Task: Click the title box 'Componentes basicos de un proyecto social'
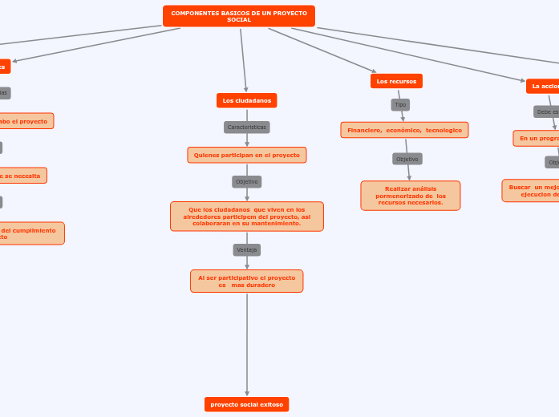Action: tap(238, 16)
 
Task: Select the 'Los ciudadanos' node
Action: tap(246, 100)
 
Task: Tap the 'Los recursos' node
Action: tap(396, 81)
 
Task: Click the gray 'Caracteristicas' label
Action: tap(246, 127)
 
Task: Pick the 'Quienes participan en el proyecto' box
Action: tap(246, 155)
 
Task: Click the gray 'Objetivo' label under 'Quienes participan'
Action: tap(246, 181)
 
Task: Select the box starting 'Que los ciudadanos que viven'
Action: tap(246, 217)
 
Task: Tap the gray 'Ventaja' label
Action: tap(246, 249)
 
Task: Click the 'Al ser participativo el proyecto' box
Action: tap(246, 281)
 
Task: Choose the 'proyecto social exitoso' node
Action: tap(246, 405)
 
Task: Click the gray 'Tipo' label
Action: tap(400, 104)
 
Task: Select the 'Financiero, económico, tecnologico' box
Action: tap(404, 130)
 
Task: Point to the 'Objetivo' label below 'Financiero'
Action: tap(407, 159)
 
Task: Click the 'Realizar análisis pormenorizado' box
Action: tap(410, 196)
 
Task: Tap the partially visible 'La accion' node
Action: tap(544, 86)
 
